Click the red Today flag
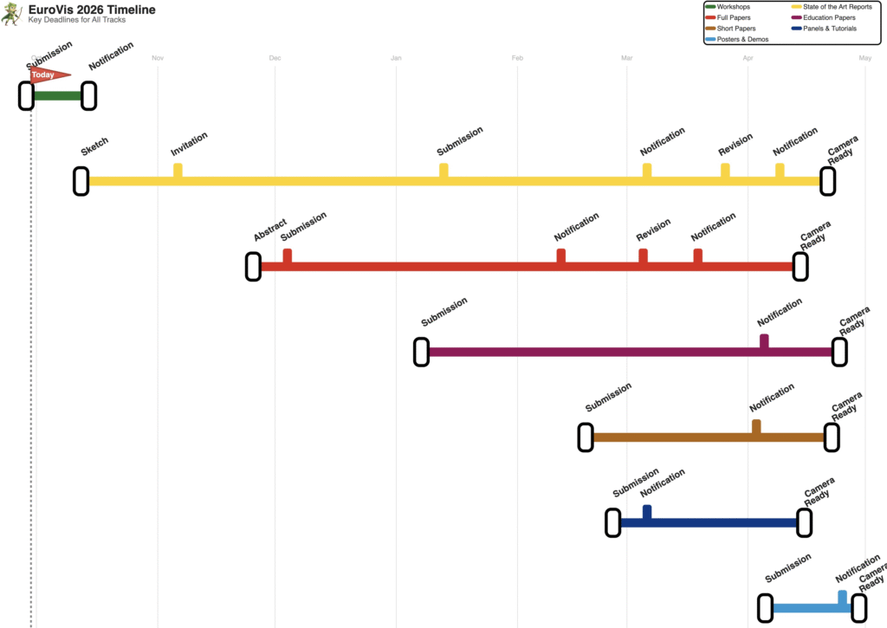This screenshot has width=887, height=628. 47,75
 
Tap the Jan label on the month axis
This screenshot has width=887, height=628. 396,58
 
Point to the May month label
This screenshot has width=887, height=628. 864,58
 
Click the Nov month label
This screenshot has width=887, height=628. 158,58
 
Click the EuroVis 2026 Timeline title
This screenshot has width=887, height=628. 92,9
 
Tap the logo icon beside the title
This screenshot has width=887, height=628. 11,13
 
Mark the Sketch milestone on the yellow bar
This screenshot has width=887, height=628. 81,181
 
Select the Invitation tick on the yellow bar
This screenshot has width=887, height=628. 178,171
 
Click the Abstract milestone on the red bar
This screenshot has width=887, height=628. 253,267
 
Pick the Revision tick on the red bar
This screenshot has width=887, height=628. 643,256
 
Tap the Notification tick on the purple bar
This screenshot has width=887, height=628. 764,341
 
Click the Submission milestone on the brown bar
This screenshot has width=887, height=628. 586,437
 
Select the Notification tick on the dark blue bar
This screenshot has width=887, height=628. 647,513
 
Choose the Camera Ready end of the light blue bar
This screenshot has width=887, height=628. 859,608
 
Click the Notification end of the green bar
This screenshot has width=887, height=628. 88,96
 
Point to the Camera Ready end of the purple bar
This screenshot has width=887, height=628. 838,352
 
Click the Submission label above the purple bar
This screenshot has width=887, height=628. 444,312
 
